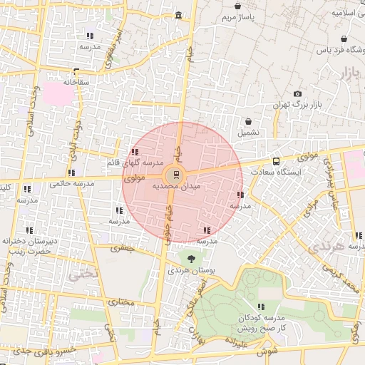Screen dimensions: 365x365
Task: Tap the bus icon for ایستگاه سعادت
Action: click(276, 161)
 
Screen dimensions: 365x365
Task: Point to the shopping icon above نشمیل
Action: click(248, 122)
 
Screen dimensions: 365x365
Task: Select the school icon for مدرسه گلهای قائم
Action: click(135, 152)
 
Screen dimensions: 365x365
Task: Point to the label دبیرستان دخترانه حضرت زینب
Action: click(31, 246)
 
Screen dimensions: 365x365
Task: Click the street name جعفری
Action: click(121, 249)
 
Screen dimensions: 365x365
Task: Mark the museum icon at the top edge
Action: click(178, 16)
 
